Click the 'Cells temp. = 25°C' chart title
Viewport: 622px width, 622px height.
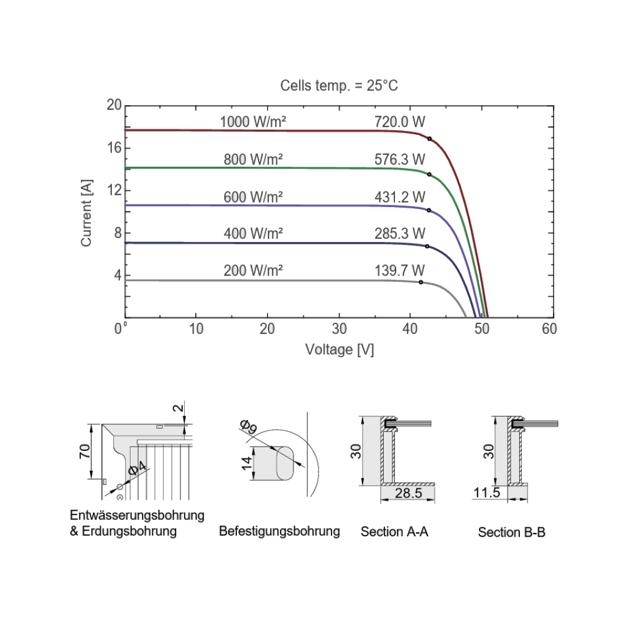pyautogui.click(x=339, y=85)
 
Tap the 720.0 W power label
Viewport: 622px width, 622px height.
pyautogui.click(x=399, y=122)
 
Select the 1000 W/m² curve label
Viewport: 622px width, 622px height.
pyautogui.click(x=253, y=122)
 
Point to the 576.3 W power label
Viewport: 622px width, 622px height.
pyautogui.click(x=399, y=160)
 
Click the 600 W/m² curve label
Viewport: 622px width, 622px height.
pyautogui.click(x=253, y=197)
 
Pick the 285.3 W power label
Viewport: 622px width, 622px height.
pyautogui.click(x=399, y=234)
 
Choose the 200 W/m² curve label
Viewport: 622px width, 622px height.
pyautogui.click(x=253, y=271)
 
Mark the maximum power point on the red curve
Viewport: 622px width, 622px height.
pyautogui.click(x=430, y=138)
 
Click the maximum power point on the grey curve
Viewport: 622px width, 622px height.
pyautogui.click(x=420, y=282)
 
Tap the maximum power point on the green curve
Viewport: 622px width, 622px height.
pyautogui.click(x=429, y=175)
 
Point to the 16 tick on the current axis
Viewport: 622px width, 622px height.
pyautogui.click(x=114, y=148)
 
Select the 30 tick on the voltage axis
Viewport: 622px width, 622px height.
pyautogui.click(x=339, y=329)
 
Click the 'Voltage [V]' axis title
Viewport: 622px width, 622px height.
pyautogui.click(x=339, y=350)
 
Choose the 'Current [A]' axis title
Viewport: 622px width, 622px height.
pyautogui.click(x=86, y=212)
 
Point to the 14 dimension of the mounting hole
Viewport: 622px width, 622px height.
pyautogui.click(x=247, y=463)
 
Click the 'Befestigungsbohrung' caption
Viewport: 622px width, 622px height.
pyautogui.click(x=279, y=531)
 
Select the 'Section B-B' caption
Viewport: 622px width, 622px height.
pyautogui.click(x=511, y=532)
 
